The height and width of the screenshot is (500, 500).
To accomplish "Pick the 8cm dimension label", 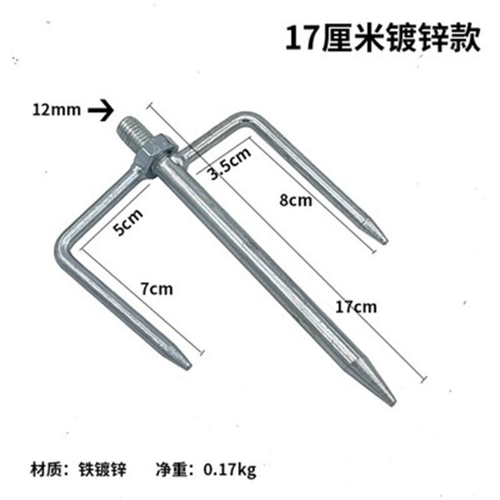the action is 295,201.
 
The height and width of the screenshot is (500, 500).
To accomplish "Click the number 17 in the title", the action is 300,39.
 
